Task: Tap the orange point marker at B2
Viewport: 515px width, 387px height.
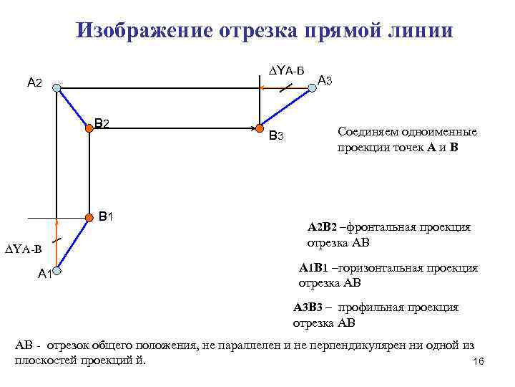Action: pyautogui.click(x=89, y=128)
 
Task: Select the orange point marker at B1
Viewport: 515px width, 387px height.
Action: pyautogui.click(x=89, y=217)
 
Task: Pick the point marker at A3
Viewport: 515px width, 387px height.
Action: pyautogui.click(x=312, y=88)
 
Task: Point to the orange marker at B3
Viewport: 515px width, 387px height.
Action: pyautogui.click(x=260, y=128)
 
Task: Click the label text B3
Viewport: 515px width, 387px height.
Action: pyautogui.click(x=276, y=135)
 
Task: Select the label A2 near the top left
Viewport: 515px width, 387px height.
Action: pyautogui.click(x=34, y=84)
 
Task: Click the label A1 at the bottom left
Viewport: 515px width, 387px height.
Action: pyautogui.click(x=44, y=273)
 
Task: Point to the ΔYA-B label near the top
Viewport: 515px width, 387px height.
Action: pyautogui.click(x=286, y=70)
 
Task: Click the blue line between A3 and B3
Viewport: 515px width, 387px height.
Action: pyautogui.click(x=286, y=108)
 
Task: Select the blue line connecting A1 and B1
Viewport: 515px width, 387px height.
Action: pyautogui.click(x=72, y=244)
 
